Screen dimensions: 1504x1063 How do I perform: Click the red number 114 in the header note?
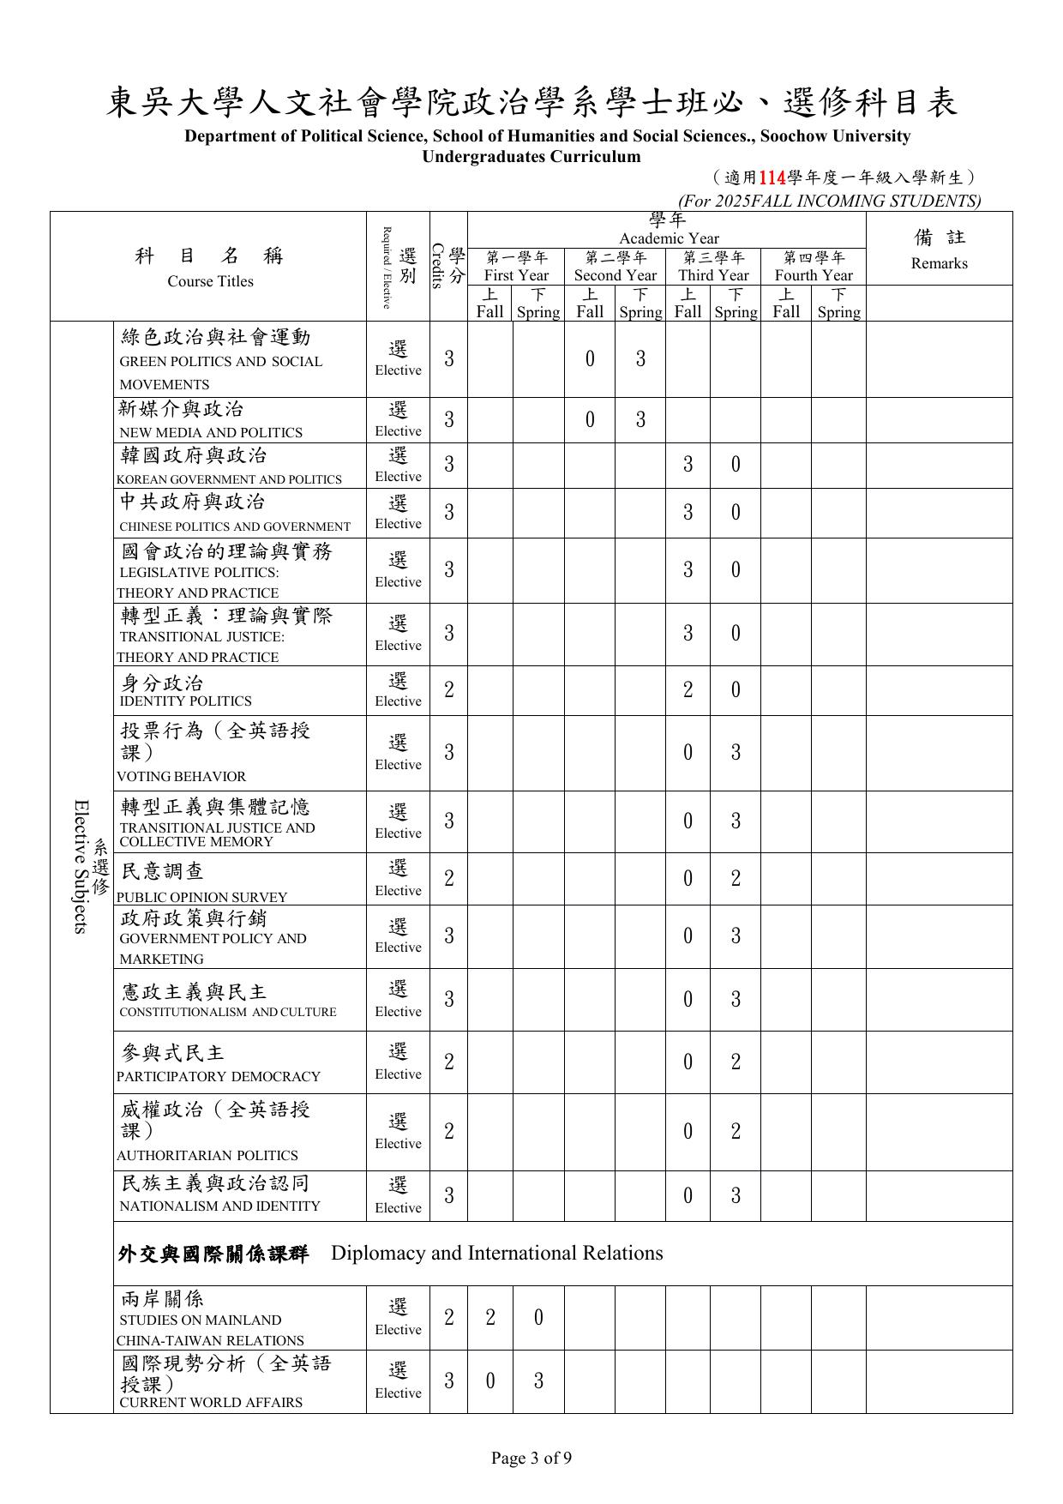tap(772, 178)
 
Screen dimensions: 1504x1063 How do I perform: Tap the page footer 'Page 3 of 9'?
tap(531, 1458)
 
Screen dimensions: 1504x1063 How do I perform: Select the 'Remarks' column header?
tap(939, 263)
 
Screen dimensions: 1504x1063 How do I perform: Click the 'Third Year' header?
tap(713, 275)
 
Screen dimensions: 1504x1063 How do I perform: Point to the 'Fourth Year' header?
tap(814, 275)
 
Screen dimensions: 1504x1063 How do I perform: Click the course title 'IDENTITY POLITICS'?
tap(186, 701)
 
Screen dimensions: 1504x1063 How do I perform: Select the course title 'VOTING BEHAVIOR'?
tap(182, 777)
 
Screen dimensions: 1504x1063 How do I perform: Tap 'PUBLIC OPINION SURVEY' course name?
tap(202, 898)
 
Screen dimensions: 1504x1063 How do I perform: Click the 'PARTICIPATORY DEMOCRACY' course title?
tap(219, 1077)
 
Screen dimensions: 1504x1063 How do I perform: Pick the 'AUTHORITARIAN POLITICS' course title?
tap(207, 1156)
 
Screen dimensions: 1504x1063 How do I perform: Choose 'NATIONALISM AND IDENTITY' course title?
tap(220, 1206)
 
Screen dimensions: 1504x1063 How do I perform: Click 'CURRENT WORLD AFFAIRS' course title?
tap(211, 1403)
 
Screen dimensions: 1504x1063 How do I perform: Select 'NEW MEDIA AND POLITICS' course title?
tap(211, 433)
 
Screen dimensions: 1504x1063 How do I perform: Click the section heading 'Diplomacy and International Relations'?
tap(496, 1254)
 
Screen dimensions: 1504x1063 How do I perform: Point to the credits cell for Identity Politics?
tap(448, 690)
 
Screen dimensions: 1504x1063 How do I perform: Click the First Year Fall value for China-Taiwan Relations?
tap(490, 1318)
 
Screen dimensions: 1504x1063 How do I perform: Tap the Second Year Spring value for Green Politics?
tap(640, 359)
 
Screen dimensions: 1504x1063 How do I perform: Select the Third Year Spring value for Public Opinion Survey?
tap(736, 879)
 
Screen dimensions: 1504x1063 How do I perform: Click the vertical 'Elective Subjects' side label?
tap(81, 866)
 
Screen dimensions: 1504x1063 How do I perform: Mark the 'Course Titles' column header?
tap(210, 281)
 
